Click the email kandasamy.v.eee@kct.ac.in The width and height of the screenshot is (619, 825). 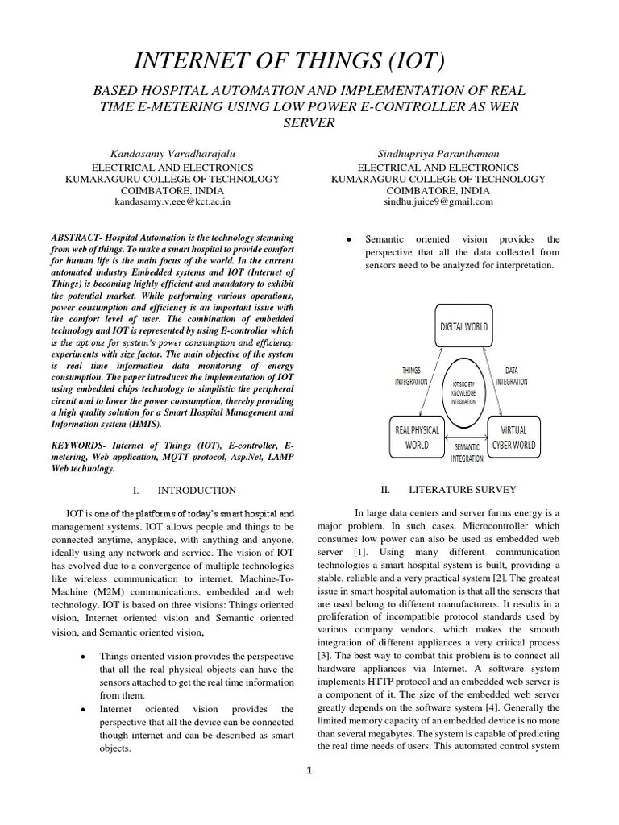click(x=172, y=202)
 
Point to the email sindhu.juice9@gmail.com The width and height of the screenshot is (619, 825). click(x=438, y=202)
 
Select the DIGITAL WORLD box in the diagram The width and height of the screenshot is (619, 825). click(x=463, y=326)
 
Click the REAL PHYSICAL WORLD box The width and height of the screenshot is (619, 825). click(x=418, y=437)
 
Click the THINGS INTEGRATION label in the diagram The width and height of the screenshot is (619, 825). click(x=411, y=376)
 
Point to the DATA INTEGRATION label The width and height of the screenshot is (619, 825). click(x=511, y=376)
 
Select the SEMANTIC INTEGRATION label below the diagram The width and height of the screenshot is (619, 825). click(x=467, y=452)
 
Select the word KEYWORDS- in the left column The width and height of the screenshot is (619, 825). click(x=80, y=445)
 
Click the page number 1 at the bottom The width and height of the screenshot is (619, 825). click(x=309, y=770)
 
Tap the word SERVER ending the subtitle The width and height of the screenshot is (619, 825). click(x=309, y=122)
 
